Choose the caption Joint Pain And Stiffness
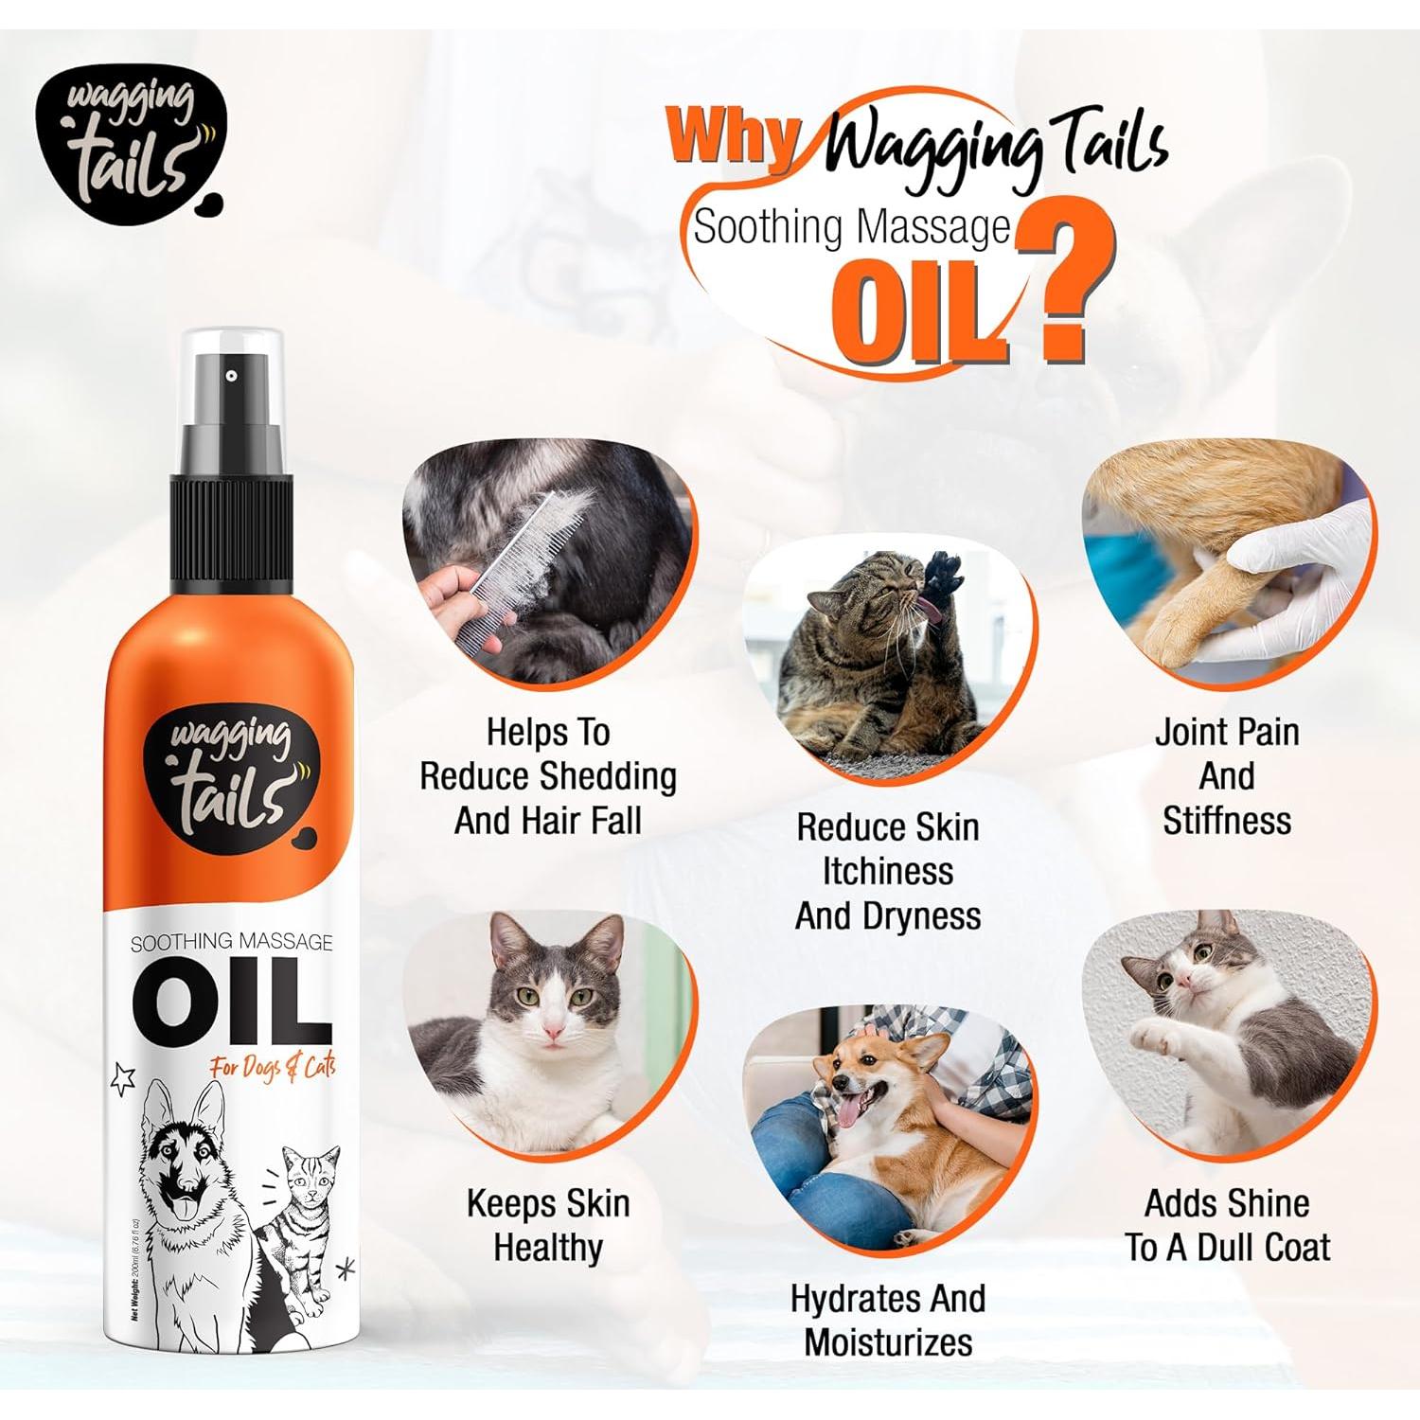click(1227, 776)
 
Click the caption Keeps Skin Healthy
click(548, 1225)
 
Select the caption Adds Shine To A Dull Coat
click(1227, 1225)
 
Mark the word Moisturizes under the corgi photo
click(889, 1341)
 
